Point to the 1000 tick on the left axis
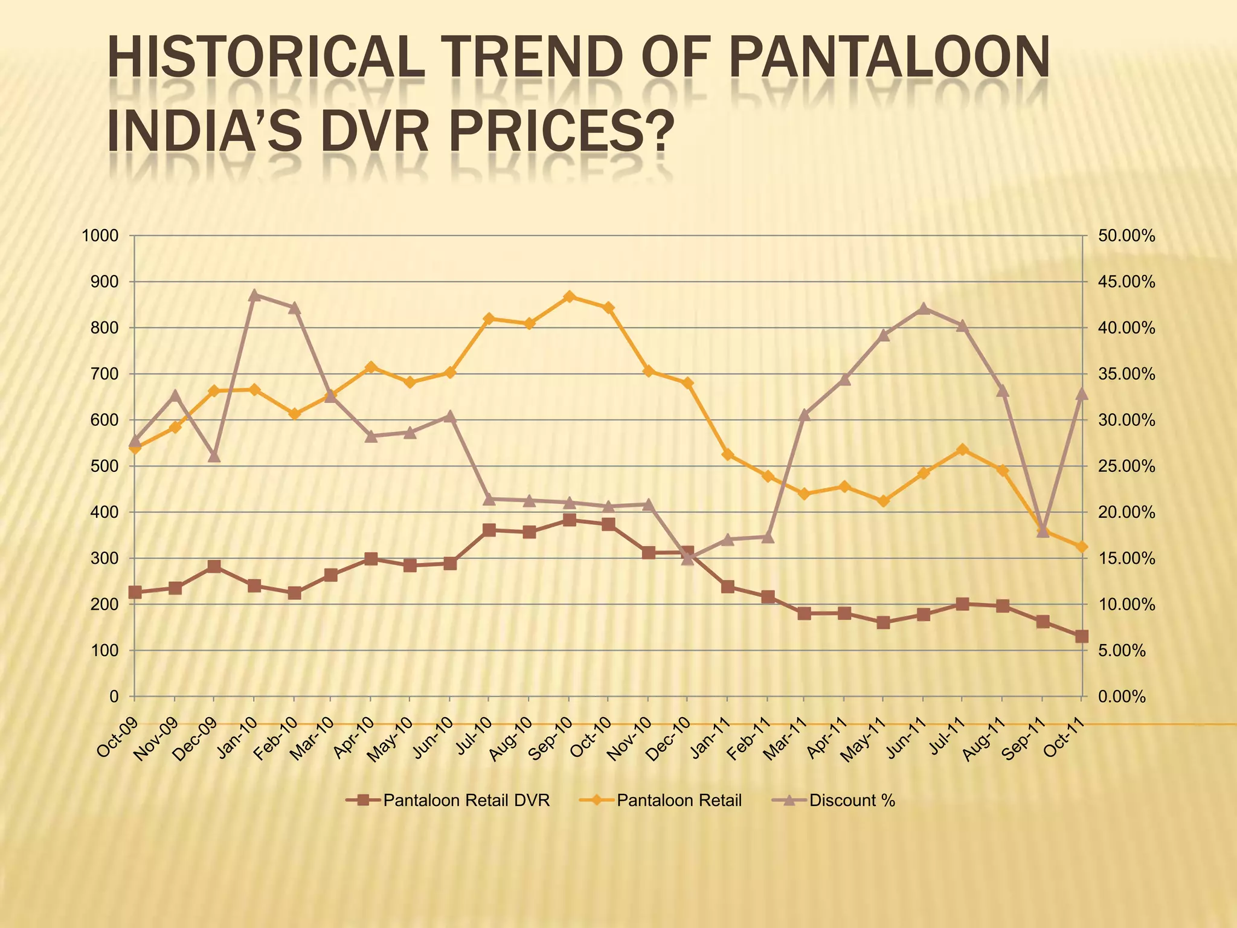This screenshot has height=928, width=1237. click(x=100, y=236)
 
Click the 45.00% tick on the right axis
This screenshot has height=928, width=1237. click(x=1126, y=282)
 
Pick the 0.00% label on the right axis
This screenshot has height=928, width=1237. click(x=1122, y=697)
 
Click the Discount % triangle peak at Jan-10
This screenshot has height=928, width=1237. click(x=254, y=295)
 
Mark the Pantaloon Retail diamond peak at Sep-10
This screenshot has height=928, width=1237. click(x=569, y=297)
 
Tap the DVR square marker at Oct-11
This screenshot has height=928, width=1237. click(x=1081, y=637)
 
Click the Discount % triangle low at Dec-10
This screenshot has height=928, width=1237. click(x=687, y=559)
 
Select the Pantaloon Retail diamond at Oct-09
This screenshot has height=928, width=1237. click(x=135, y=448)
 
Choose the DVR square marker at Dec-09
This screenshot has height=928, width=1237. click(x=214, y=567)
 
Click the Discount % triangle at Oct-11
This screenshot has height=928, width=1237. click(x=1081, y=394)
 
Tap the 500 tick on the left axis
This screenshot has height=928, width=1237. click(x=106, y=466)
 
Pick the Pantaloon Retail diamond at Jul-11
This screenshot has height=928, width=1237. click(x=963, y=449)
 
